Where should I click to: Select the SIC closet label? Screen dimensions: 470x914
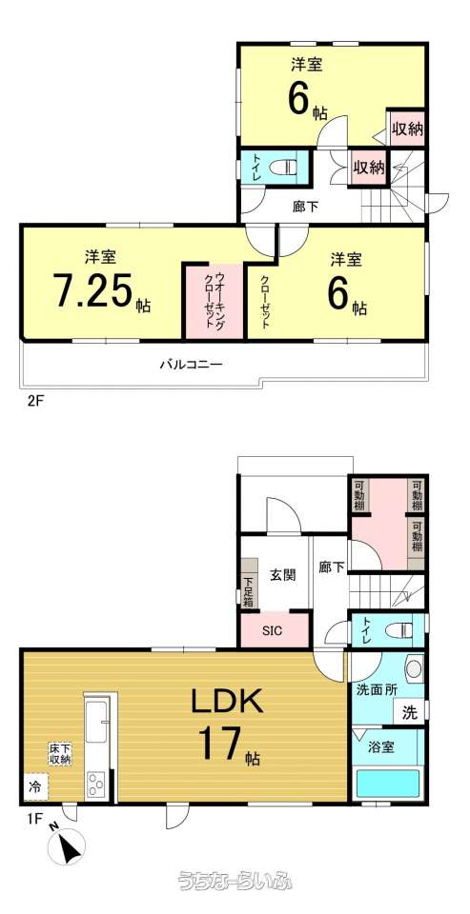click(x=272, y=631)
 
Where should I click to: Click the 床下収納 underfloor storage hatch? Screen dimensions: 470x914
click(x=60, y=754)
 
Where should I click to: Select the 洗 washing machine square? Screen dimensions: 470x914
click(x=411, y=713)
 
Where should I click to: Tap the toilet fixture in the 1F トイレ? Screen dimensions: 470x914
click(x=399, y=629)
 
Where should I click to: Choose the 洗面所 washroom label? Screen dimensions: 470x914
click(x=378, y=688)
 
